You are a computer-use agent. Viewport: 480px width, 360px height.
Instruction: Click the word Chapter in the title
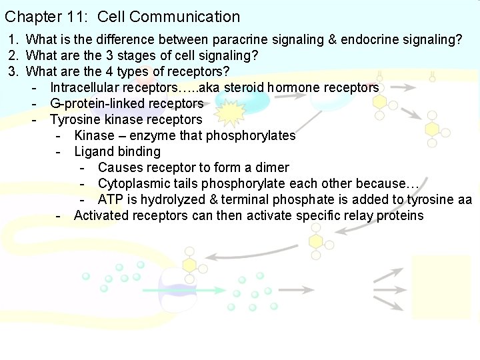[29, 17]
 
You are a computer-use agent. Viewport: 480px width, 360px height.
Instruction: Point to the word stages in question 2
[165, 56]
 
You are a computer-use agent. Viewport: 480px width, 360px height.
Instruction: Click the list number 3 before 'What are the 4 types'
[13, 72]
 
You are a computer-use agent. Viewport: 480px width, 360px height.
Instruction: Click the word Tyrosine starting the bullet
[73, 120]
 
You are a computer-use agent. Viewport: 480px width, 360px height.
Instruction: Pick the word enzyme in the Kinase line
[155, 136]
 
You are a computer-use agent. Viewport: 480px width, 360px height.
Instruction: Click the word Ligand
[93, 152]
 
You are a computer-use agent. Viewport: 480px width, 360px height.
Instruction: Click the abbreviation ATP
[111, 200]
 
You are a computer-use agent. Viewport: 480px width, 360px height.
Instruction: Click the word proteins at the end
[400, 216]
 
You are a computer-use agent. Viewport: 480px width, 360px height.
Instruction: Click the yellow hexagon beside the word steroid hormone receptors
[380, 102]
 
